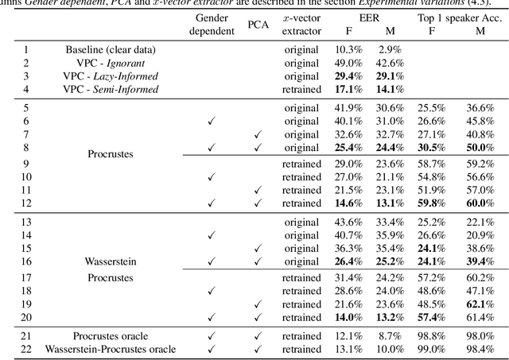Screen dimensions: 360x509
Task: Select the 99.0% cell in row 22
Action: click(x=430, y=349)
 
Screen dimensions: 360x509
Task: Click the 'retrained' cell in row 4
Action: click(x=301, y=89)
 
